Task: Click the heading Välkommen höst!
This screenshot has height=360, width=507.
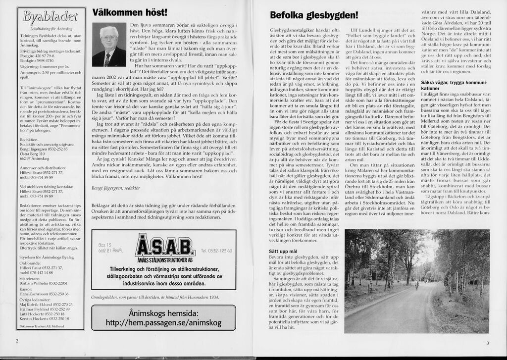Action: [130, 12]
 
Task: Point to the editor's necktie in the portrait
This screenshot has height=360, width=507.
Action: [107, 59]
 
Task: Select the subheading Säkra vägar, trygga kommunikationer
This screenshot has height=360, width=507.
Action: [451, 85]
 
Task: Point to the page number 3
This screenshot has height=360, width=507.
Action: [487, 343]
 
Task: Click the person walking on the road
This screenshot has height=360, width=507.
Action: [416, 285]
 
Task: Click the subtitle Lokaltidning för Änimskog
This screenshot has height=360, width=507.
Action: [48, 29]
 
